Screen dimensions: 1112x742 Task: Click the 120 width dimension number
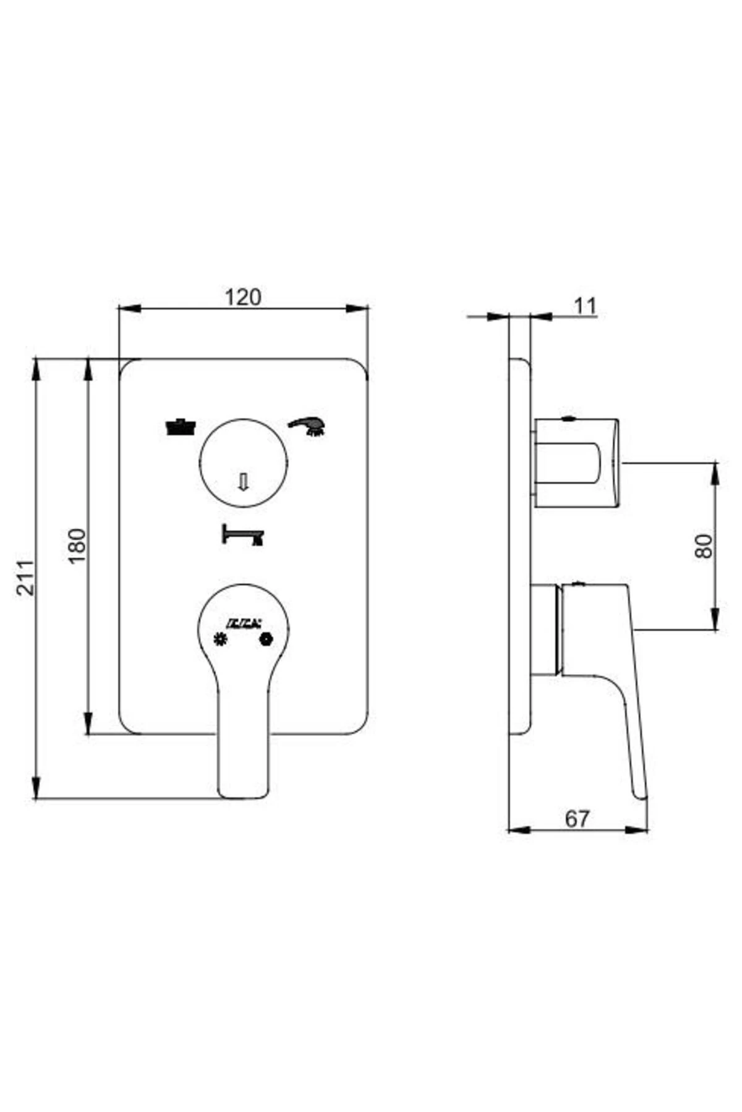click(242, 297)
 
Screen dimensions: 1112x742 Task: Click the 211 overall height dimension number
click(25, 578)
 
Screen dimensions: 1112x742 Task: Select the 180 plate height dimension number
click(77, 545)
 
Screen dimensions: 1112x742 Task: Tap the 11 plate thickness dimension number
click(584, 306)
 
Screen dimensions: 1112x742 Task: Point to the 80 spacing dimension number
click(704, 546)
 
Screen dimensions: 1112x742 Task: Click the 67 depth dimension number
click(577, 819)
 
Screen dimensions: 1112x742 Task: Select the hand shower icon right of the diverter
click(308, 426)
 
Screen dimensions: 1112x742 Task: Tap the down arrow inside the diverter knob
click(243, 481)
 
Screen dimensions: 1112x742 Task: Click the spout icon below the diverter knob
click(242, 535)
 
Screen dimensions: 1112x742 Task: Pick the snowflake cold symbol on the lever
click(220, 639)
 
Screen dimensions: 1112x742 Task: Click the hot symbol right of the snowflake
click(267, 639)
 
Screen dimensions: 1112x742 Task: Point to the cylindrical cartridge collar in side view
click(545, 629)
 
